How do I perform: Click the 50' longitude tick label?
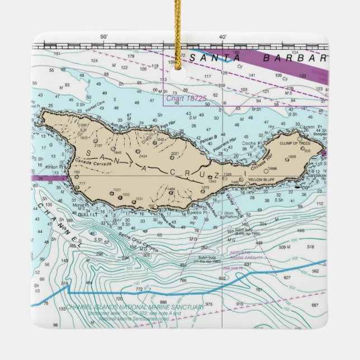[103, 37]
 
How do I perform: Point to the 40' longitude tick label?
[222, 37]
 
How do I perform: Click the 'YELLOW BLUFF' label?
[263, 179]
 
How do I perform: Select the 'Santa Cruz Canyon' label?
[138, 241]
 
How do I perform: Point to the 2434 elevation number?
[143, 157]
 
